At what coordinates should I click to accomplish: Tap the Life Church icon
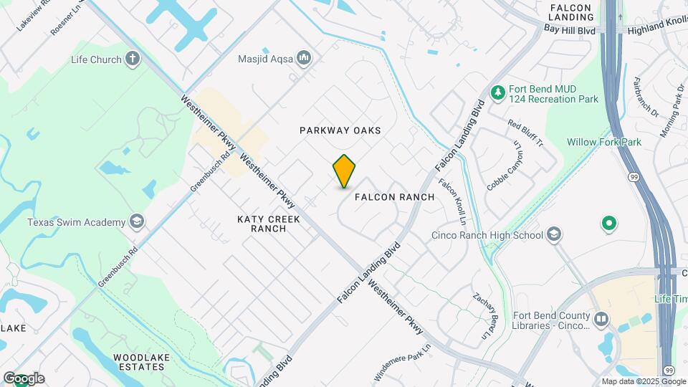[x=132, y=59]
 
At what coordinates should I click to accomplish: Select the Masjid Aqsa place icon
[x=304, y=58]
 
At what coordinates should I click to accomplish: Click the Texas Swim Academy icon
[x=136, y=222]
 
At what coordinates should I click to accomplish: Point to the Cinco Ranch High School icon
[x=554, y=234]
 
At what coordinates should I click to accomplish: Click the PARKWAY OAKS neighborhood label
[x=340, y=130]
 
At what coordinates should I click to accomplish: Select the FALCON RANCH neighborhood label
[x=394, y=197]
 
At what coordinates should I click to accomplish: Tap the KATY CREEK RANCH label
[x=269, y=224]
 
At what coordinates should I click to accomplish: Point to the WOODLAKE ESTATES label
[x=139, y=361]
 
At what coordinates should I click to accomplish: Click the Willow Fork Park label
[x=603, y=142]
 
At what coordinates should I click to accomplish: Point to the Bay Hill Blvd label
[x=570, y=30]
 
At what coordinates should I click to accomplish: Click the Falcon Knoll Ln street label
[x=452, y=199]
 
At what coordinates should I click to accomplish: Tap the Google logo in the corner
[x=24, y=378]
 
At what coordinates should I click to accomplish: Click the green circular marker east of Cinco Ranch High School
[x=609, y=224]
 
